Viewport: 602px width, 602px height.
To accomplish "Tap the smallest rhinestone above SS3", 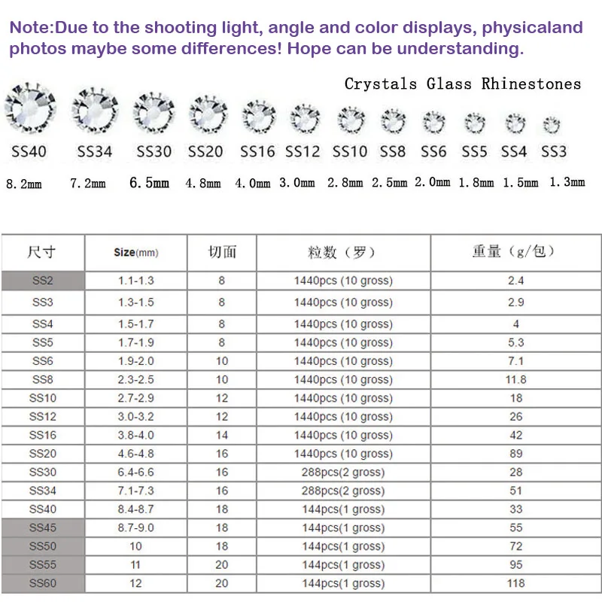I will [x=552, y=124].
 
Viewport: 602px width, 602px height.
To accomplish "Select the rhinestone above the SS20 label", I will [x=208, y=115].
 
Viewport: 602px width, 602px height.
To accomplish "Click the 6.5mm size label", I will [x=149, y=183].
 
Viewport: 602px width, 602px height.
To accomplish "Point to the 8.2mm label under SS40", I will [x=24, y=184].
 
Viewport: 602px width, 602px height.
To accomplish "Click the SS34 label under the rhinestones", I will [x=95, y=151].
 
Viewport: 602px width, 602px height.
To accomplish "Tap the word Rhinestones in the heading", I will [x=531, y=84].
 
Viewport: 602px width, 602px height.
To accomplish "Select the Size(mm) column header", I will [x=135, y=253].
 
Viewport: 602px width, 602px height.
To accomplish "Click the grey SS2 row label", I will [x=43, y=281].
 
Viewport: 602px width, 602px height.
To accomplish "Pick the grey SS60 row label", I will [x=43, y=583].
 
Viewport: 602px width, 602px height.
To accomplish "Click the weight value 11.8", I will [x=515, y=379].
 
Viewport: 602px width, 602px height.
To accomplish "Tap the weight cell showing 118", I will [x=515, y=583].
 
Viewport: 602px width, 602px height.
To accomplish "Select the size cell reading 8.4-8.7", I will [x=135, y=509].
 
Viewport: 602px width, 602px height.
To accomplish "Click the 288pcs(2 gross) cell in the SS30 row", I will [x=343, y=473].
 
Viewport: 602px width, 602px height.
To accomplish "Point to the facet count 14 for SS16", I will [x=221, y=435].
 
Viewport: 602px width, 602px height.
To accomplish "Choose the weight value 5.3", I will [x=515, y=342].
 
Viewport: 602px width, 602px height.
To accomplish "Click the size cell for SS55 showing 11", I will [x=135, y=564].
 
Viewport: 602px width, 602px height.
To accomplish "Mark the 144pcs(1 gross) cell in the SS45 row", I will [x=343, y=528].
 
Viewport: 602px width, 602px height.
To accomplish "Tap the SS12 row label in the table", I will [x=43, y=416].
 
